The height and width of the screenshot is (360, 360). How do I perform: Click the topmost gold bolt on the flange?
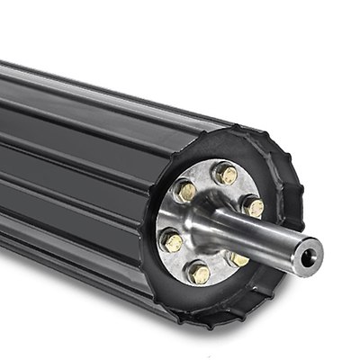pos(225,174)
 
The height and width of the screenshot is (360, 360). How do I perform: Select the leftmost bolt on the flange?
pos(172,241)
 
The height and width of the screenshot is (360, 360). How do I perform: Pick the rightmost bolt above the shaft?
pos(254,207)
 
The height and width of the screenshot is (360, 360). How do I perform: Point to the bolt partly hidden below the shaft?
pos(238,258)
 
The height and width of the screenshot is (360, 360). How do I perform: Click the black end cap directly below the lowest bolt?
pos(198,301)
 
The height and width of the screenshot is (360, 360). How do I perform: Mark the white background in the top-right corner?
pos(333,27)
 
